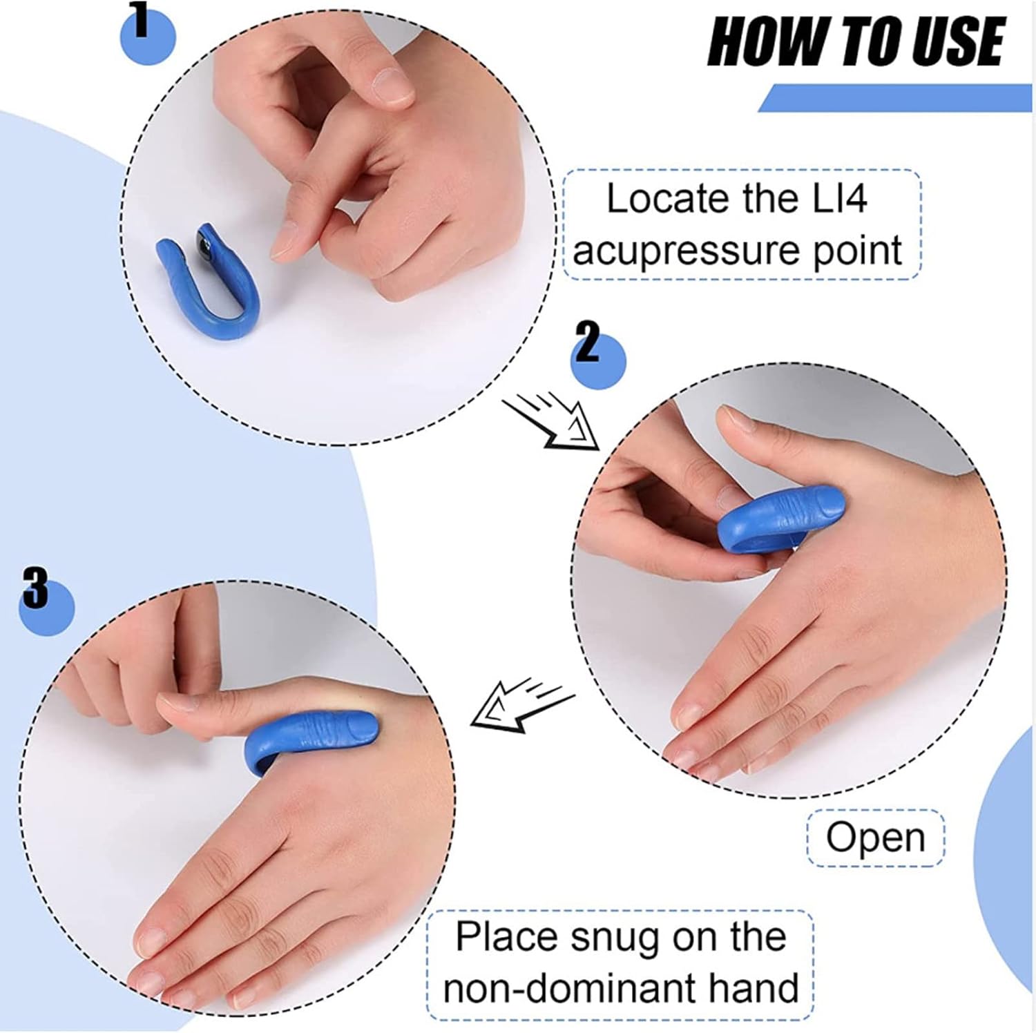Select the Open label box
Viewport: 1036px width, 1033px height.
pyautogui.click(x=875, y=838)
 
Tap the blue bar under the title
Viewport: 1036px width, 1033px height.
pyautogui.click(x=898, y=98)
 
